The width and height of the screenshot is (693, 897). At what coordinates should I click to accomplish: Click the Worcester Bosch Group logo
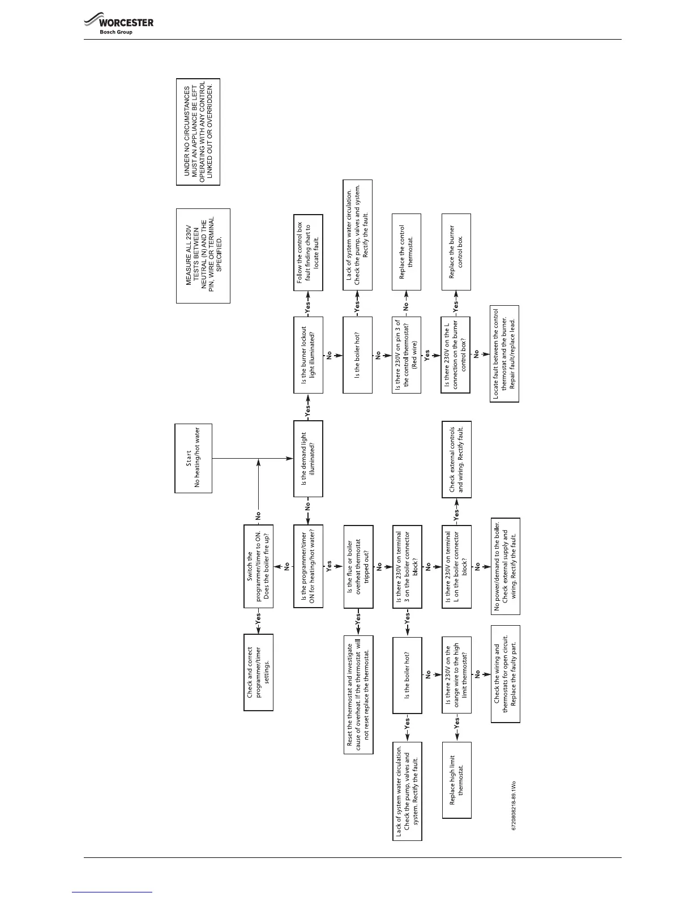click(x=118, y=25)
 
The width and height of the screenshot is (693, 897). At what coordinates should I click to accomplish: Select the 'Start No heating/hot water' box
click(x=193, y=459)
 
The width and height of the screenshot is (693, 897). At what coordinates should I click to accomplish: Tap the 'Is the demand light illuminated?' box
click(x=308, y=459)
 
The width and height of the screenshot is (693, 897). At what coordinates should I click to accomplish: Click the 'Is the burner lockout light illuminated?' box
click(x=308, y=354)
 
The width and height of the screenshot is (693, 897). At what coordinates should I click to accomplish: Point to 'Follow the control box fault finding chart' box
click(x=308, y=253)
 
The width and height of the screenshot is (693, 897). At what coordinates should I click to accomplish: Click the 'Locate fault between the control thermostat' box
click(x=504, y=354)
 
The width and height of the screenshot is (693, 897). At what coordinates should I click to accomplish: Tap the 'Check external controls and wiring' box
click(x=456, y=459)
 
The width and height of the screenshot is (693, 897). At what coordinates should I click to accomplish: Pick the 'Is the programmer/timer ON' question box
click(x=308, y=566)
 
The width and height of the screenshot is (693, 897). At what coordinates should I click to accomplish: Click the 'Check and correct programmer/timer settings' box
click(x=258, y=672)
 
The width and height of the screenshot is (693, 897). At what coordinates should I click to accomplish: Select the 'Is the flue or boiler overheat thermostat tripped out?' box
click(x=358, y=566)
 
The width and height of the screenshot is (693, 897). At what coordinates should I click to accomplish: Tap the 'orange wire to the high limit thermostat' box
click(x=456, y=674)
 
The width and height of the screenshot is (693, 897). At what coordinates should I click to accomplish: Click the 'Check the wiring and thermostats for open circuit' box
click(x=505, y=674)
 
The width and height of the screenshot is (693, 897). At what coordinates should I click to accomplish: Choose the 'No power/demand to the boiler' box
click(x=505, y=566)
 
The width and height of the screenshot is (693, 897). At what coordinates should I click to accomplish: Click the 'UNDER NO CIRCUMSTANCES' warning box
click(x=198, y=132)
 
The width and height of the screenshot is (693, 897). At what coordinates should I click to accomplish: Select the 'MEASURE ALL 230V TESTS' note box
click(x=203, y=256)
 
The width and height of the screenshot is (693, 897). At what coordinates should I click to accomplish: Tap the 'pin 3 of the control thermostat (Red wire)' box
click(x=406, y=354)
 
